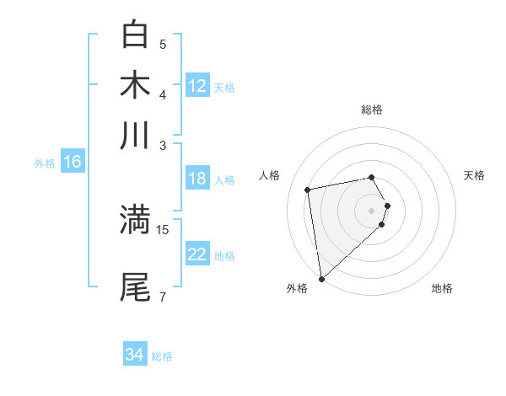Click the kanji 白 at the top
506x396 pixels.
point(135,35)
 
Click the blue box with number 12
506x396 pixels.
point(197,86)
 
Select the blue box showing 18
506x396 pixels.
point(197,179)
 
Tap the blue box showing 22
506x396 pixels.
point(197,254)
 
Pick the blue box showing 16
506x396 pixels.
point(73,163)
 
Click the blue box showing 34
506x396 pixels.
point(135,355)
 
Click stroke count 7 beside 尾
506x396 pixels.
point(163,296)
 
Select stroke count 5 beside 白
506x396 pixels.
point(163,44)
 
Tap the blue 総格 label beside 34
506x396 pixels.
point(162,356)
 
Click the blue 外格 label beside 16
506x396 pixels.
point(45,163)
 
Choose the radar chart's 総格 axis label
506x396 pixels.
point(372,110)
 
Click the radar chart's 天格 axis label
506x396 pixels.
point(474,175)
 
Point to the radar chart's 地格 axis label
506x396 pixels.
point(442,289)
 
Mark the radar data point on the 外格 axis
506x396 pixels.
point(321,278)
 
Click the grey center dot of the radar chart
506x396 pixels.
point(372,210)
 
